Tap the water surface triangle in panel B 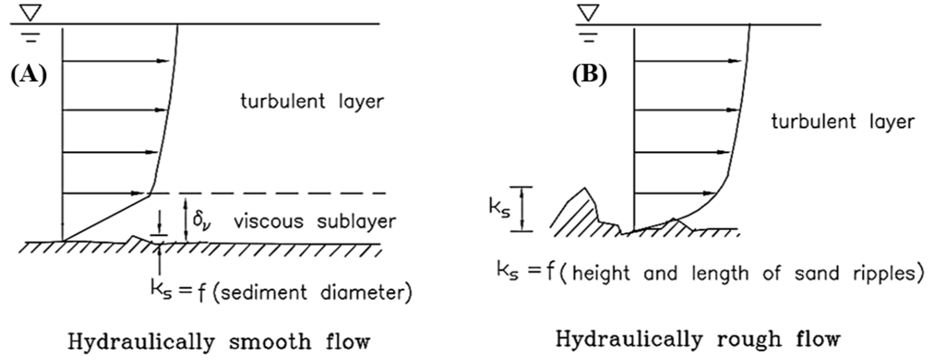[588, 13]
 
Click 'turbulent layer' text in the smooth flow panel [312, 102]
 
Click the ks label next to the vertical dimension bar [499, 208]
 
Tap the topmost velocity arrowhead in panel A [164, 61]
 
